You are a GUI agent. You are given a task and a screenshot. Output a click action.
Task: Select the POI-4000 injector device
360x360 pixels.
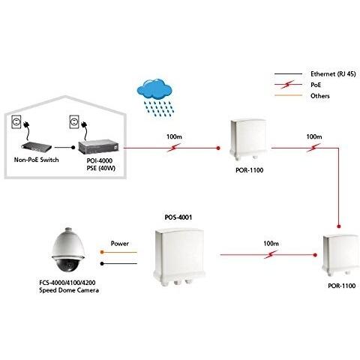click(98, 147)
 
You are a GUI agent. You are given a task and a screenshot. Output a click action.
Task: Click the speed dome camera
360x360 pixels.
click(68, 250)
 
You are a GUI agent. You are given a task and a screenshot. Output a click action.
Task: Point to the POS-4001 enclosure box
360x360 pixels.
click(178, 256)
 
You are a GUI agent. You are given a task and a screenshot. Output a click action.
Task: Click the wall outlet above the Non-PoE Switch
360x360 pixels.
click(16, 121)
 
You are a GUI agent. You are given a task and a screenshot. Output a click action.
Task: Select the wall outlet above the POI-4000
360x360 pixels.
click(74, 121)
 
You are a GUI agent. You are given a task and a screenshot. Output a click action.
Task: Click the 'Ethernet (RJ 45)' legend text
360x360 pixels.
click(333, 74)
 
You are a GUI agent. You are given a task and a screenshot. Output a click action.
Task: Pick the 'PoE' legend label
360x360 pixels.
click(316, 85)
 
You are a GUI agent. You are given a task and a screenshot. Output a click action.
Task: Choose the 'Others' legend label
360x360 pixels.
click(320, 96)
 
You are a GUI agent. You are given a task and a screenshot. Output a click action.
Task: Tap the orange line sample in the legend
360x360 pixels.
click(288, 95)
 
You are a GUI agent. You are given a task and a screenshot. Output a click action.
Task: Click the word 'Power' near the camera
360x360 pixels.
click(120, 244)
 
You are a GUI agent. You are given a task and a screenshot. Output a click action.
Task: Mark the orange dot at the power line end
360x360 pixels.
click(102, 252)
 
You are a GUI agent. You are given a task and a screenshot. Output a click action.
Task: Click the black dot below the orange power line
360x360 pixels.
click(102, 263)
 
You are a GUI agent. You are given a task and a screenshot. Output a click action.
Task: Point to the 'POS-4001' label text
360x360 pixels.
click(178, 217)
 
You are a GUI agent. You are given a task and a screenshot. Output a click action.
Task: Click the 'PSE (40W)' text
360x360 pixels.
click(101, 168)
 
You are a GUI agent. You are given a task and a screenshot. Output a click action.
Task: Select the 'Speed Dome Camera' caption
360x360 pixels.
click(69, 290)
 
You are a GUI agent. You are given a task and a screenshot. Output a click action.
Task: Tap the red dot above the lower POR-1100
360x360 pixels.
click(339, 226)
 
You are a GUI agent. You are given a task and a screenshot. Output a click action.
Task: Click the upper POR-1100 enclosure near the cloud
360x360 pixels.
click(248, 139)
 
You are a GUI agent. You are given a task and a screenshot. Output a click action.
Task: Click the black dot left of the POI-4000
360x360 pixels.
click(73, 148)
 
